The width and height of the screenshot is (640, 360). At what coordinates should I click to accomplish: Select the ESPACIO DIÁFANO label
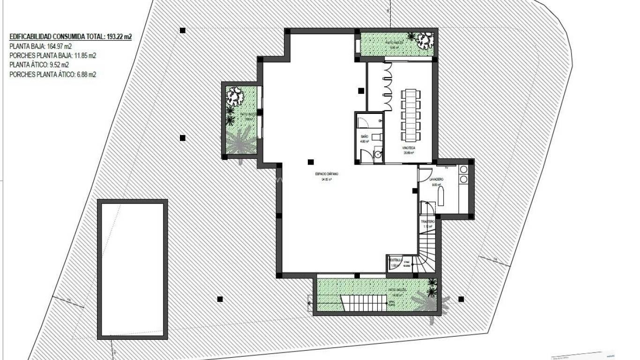pyautogui.click(x=327, y=174)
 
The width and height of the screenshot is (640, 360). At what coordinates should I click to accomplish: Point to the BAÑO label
pyautogui.click(x=365, y=136)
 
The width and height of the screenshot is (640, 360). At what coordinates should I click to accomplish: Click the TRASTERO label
pyautogui.click(x=428, y=221)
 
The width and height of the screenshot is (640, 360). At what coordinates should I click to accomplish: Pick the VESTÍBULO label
pyautogui.click(x=395, y=259)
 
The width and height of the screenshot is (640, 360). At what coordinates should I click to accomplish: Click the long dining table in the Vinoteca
pyautogui.click(x=410, y=115)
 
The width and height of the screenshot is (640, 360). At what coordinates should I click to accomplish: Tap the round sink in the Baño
pyautogui.click(x=378, y=153)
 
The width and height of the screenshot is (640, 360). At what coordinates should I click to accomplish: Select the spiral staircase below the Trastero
pyautogui.click(x=426, y=254)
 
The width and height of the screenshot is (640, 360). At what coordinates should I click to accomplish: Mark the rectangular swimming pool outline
pyautogui.click(x=133, y=269)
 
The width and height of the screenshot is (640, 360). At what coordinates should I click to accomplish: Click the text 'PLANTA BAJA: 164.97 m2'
pyautogui.click(x=40, y=46)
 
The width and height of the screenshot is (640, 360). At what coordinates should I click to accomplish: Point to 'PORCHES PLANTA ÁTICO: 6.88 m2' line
pyautogui.click(x=52, y=74)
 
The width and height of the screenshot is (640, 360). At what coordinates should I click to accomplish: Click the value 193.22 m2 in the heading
pyautogui.click(x=119, y=36)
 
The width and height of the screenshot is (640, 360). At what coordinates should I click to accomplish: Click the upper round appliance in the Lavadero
pyautogui.click(x=464, y=170)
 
